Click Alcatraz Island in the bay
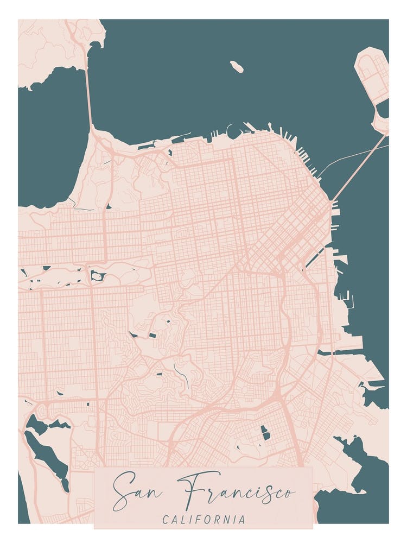[x=237, y=66]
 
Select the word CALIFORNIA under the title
[x=203, y=520]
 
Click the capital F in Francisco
[x=190, y=489]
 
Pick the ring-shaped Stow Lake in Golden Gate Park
[x=97, y=276]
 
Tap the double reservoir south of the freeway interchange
[x=265, y=433]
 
